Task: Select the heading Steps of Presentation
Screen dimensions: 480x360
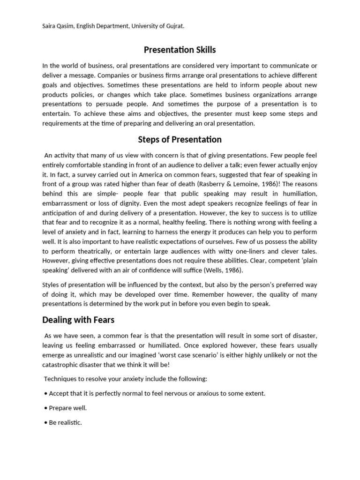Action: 180,140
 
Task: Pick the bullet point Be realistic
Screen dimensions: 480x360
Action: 66,422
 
